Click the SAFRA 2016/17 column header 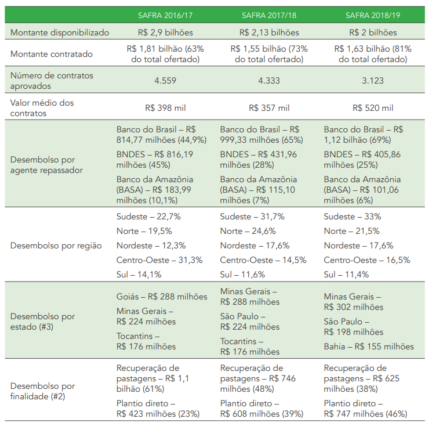click(165, 14)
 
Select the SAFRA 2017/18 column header click(269, 14)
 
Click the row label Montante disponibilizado click(60, 33)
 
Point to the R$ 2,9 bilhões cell click(165, 33)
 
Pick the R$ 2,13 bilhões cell click(269, 33)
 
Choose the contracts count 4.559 click(165, 81)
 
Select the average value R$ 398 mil click(165, 108)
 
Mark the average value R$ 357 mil click(269, 108)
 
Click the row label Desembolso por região click(56, 246)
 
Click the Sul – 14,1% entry click(139, 275)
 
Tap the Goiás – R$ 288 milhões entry click(162, 297)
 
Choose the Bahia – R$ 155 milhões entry click(369, 346)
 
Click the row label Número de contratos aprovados click(52, 81)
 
